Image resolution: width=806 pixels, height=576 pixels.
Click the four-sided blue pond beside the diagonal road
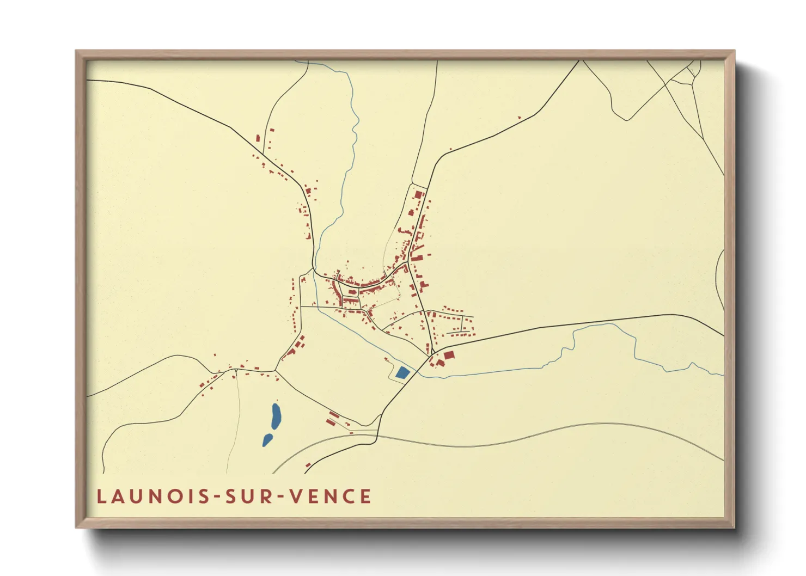coord(402,373)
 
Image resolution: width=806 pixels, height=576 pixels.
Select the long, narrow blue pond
coord(276,416)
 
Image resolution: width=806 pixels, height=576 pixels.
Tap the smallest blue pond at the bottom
coord(267,440)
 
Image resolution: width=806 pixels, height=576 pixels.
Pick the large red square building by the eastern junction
coord(449,355)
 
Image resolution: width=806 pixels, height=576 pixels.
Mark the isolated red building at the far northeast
coord(519,117)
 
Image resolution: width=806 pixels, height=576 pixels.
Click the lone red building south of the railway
coord(308,465)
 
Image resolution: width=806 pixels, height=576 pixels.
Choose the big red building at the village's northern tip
coord(418,194)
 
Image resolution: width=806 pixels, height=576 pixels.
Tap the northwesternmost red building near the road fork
coord(258,138)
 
